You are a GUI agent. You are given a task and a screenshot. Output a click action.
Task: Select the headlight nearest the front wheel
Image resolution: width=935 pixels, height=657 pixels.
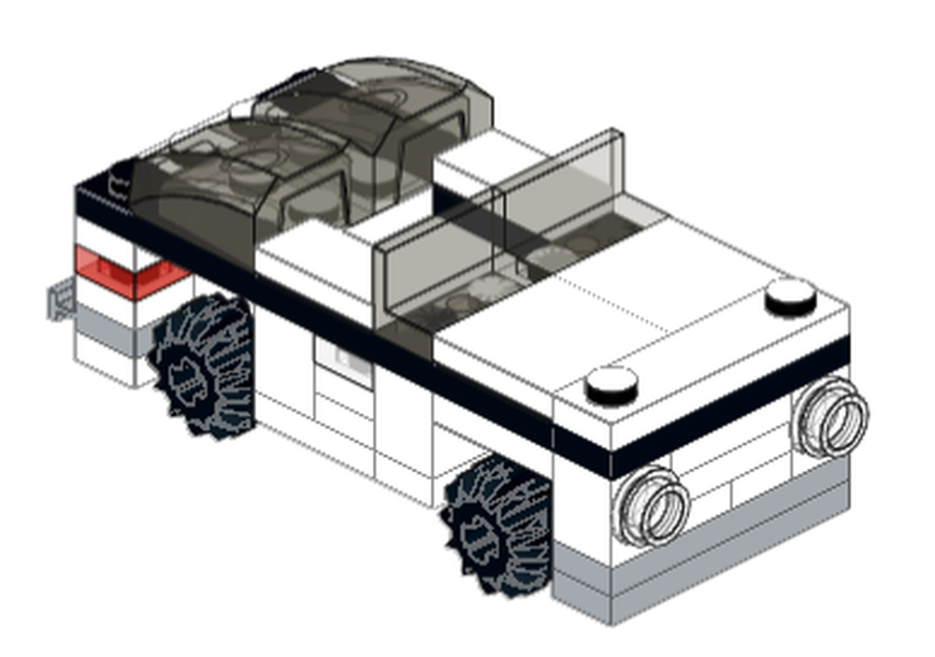point(652,505)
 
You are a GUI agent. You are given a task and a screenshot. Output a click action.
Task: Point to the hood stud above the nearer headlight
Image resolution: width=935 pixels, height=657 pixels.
point(611,383)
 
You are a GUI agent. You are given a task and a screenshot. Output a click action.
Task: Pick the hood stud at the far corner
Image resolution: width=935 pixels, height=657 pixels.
point(791,296)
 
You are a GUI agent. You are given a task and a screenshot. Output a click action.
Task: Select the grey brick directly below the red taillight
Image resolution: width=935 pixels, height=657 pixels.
point(108,318)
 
